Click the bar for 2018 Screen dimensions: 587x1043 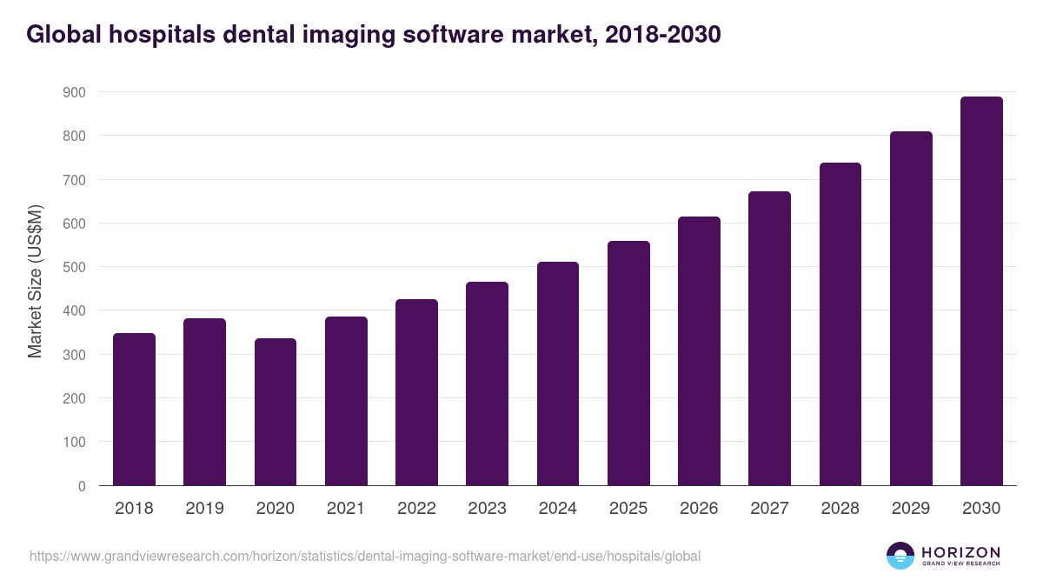[x=134, y=409]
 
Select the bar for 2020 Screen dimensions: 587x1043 [x=276, y=411]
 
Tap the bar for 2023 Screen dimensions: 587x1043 [x=487, y=384]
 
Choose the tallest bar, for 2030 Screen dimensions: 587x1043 [x=981, y=290]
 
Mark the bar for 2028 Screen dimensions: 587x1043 [x=840, y=324]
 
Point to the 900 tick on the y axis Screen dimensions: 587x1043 [x=74, y=92]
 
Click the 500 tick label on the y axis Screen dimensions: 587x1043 [x=74, y=267]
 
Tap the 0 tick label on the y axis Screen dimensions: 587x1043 [x=81, y=486]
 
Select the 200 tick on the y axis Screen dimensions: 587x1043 [x=74, y=398]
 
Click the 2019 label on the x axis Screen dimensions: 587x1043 [x=204, y=509]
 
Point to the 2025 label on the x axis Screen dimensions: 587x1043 [x=628, y=509]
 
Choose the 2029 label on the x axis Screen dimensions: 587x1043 [x=911, y=509]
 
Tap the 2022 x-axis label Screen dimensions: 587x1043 [x=416, y=509]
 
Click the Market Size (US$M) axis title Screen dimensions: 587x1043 [x=35, y=281]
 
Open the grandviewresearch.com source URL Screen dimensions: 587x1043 [x=365, y=556]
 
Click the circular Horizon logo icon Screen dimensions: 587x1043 [x=900, y=556]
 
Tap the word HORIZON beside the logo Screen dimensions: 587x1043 [x=960, y=551]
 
